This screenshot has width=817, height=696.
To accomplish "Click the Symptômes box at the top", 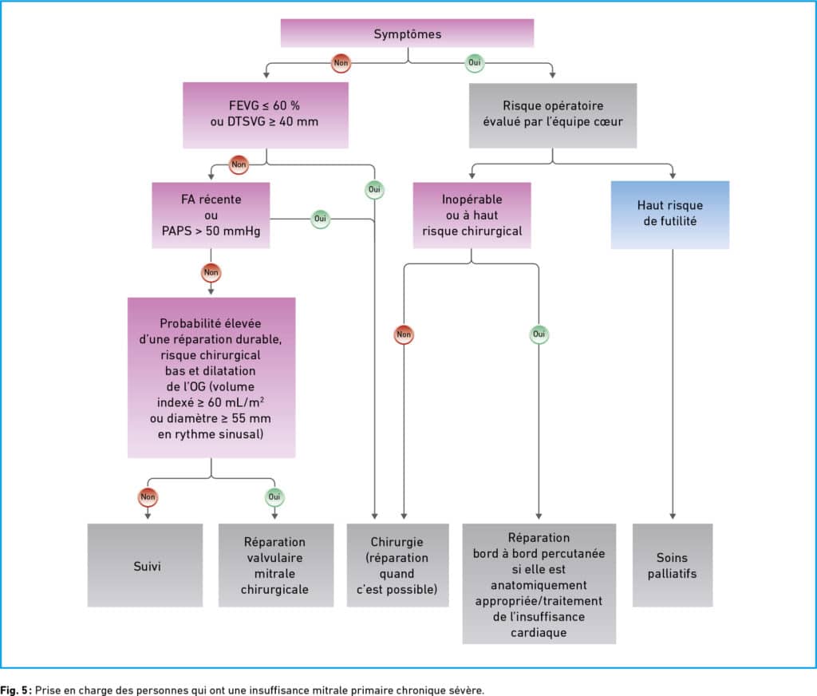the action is point(407,34).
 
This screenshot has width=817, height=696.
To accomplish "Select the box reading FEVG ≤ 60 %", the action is point(265,115).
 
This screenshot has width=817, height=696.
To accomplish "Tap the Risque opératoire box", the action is point(552,115).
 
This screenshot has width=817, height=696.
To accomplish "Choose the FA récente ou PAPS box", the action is point(211,215).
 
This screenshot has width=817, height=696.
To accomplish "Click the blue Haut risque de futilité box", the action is point(670,214).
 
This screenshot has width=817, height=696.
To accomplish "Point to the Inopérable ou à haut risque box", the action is point(472,215).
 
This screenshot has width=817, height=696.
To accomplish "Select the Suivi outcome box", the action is point(145,565).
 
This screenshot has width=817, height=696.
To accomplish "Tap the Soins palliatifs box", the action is point(673,565).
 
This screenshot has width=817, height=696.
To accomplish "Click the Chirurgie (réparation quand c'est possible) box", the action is point(397,565).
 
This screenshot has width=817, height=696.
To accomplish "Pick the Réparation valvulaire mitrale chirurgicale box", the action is point(275,565).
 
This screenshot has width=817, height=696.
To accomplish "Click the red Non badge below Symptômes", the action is point(341,63).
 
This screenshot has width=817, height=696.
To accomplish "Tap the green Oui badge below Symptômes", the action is point(474,62).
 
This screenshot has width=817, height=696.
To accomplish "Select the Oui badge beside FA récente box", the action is point(320,219).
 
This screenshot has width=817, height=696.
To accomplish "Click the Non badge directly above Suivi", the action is point(148,496).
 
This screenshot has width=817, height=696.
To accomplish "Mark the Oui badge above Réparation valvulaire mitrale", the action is point(274,496).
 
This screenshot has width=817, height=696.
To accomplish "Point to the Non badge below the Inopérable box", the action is point(404,334).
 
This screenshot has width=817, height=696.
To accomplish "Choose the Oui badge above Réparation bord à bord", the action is point(539,334).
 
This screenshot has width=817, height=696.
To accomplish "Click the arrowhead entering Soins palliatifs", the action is point(673,516).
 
